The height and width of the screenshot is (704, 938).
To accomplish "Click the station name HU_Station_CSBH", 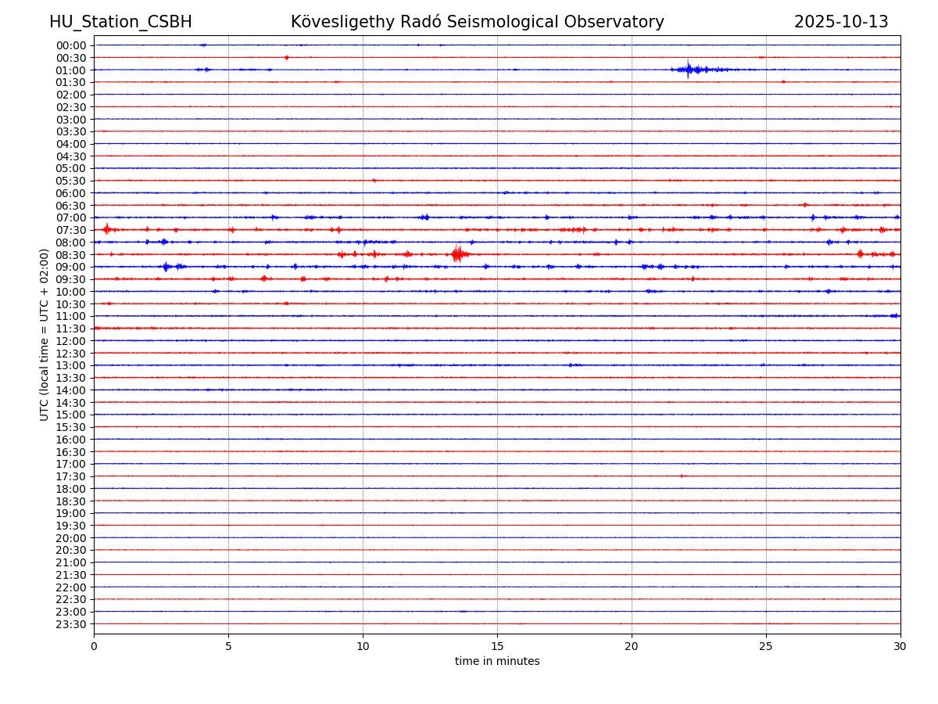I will [120, 22].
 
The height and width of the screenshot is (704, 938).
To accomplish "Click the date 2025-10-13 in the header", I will [841, 22].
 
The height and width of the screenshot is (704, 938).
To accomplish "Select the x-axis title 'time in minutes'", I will [497, 662].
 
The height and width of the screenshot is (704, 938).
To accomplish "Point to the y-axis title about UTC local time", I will [45, 335].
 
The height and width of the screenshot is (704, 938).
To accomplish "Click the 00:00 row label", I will [71, 45].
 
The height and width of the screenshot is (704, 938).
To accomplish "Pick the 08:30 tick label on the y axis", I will [71, 255].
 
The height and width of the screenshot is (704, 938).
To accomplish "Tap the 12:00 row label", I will [71, 341].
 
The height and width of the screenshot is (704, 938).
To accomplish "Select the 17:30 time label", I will [71, 476].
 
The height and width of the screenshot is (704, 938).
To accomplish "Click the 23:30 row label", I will [71, 624].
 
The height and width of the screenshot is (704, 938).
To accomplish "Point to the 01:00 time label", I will [71, 70].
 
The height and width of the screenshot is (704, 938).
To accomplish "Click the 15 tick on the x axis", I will [497, 646].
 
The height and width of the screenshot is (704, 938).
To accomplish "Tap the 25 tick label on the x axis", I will [766, 646].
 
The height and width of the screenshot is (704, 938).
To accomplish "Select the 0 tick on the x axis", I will [94, 646].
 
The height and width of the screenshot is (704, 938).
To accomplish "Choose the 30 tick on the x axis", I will [900, 646].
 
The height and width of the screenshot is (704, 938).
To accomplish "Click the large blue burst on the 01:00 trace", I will [689, 70].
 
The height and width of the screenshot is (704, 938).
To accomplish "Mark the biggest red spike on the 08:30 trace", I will [457, 254].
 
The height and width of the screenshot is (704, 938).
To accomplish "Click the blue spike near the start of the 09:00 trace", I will [166, 267].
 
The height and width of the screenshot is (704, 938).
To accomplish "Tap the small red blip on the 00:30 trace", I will [287, 58].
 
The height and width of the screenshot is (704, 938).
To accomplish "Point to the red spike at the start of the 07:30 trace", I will [106, 229].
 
